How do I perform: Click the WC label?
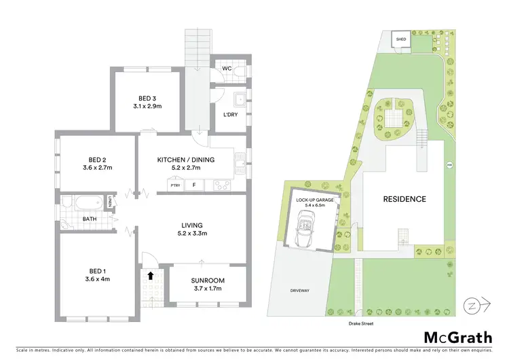click(227, 68)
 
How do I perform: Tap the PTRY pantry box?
click(176, 185)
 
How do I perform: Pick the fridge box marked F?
click(194, 185)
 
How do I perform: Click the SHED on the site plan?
click(401, 40)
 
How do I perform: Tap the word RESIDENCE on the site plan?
click(404, 199)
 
